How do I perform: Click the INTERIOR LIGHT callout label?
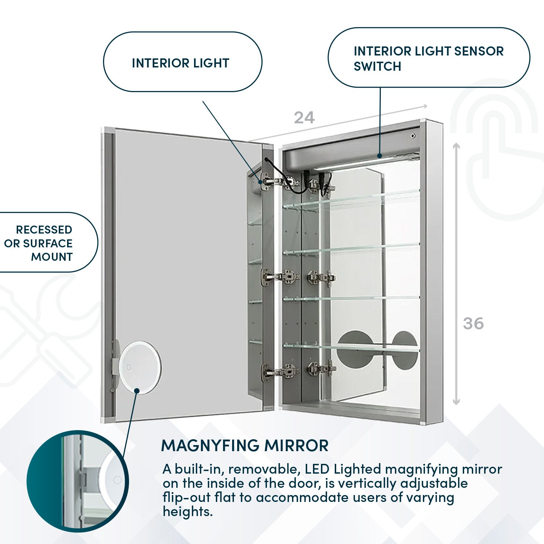click(181, 63)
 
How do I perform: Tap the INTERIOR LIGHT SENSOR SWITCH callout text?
click(428, 58)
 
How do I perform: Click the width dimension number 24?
click(304, 118)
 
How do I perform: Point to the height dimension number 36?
click(473, 323)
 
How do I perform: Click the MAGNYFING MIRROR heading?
click(245, 445)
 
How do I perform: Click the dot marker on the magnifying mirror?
click(137, 391)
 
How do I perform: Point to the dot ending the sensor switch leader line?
click(379, 156)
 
